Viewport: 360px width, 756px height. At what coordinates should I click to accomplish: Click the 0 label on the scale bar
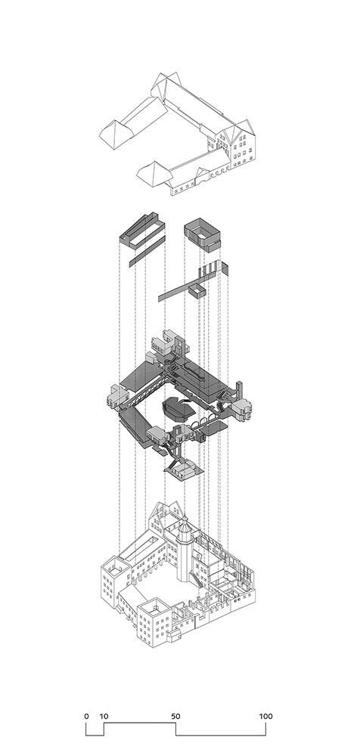click(x=86, y=716)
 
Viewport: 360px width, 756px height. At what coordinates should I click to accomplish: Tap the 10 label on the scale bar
click(x=104, y=716)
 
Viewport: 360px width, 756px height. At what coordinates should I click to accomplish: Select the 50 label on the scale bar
click(x=175, y=716)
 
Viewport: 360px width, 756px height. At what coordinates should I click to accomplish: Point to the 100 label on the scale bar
click(x=266, y=716)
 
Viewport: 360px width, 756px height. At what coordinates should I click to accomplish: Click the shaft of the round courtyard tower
click(x=185, y=559)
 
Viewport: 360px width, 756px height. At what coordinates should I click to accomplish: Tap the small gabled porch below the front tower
click(x=174, y=637)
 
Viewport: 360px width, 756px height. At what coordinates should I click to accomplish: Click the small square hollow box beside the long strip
click(x=197, y=291)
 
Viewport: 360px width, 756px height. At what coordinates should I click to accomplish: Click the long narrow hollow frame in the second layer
click(x=142, y=231)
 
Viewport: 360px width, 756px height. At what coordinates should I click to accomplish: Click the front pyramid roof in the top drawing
click(x=154, y=174)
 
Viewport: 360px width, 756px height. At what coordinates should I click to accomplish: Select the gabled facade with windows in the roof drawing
click(x=243, y=143)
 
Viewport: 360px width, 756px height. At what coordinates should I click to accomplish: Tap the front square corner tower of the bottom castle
click(x=154, y=622)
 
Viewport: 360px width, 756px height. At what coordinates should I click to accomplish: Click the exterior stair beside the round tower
click(x=195, y=578)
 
